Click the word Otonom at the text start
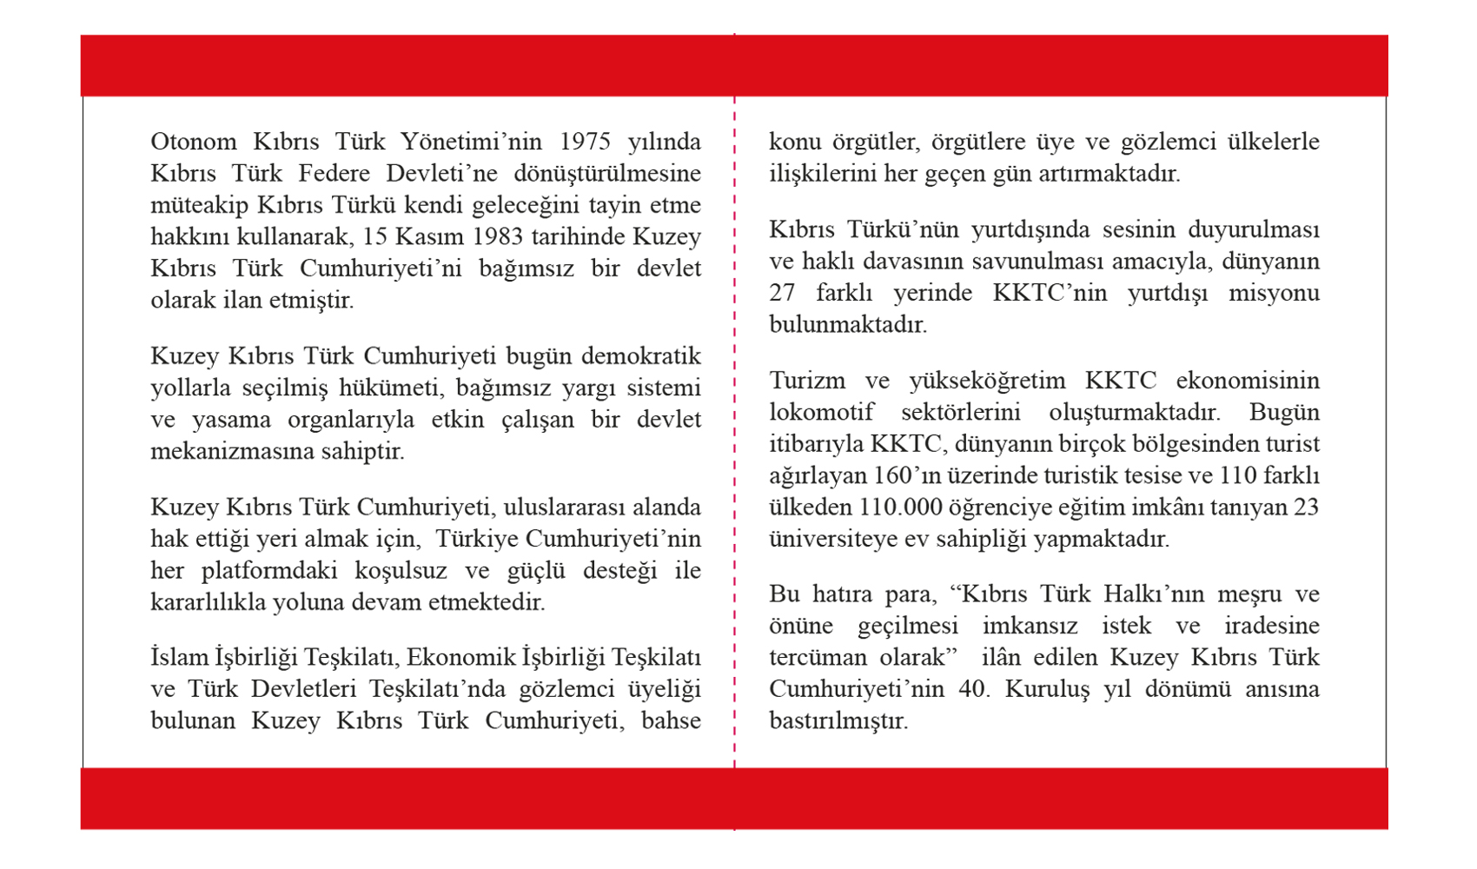(x=194, y=142)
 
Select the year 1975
(x=585, y=142)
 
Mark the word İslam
(x=181, y=658)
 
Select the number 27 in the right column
(x=782, y=293)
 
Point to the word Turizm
(x=806, y=381)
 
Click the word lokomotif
(x=821, y=412)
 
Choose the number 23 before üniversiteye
(x=1305, y=507)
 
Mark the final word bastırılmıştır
(x=838, y=721)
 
